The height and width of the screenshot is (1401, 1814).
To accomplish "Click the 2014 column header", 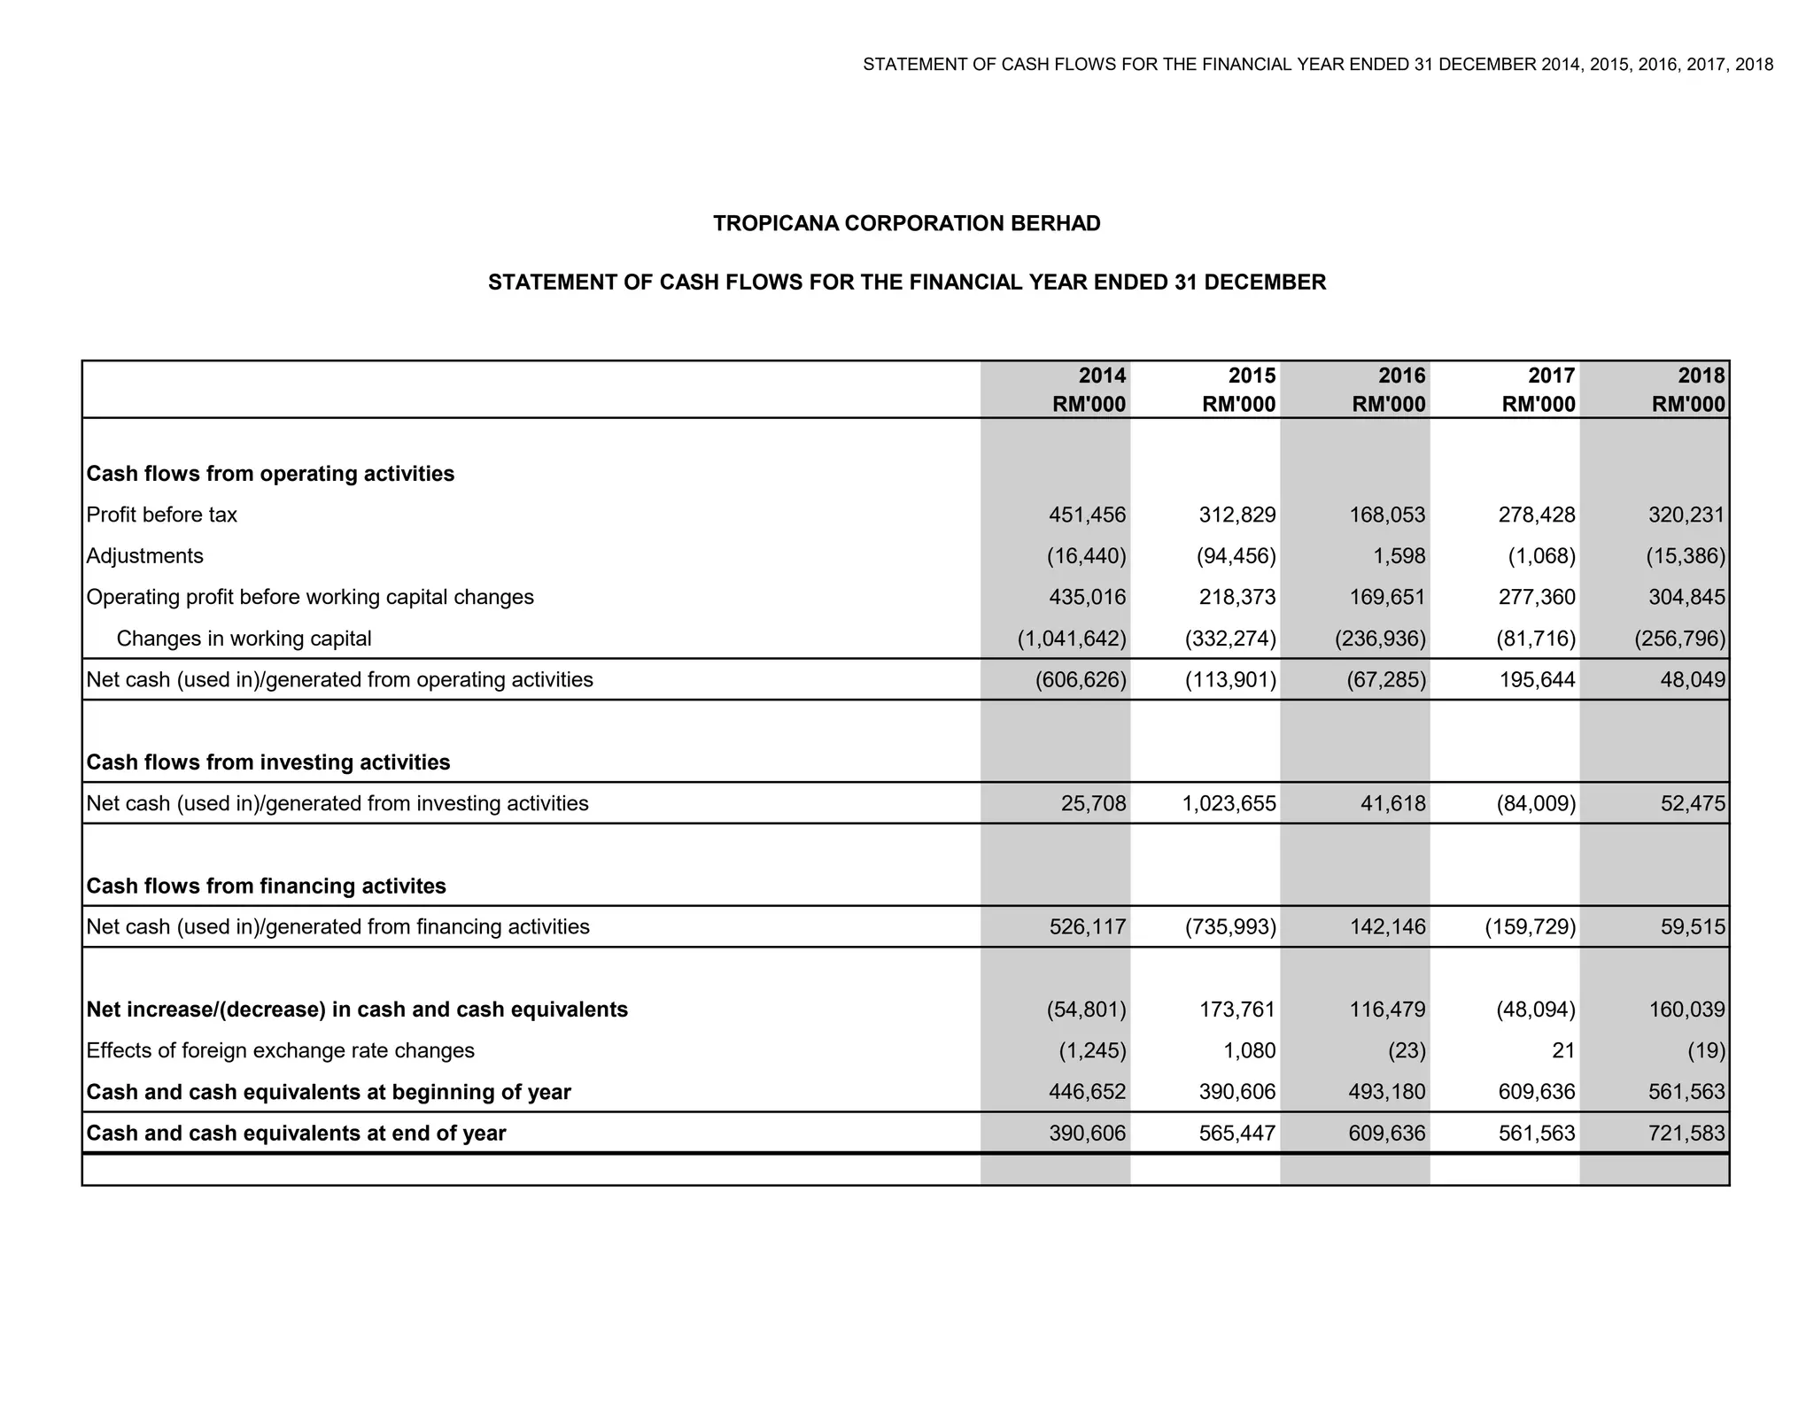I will tap(1102, 375).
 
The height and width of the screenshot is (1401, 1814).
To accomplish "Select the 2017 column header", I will tap(1552, 375).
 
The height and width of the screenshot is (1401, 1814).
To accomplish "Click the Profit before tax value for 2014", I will tap(1087, 515).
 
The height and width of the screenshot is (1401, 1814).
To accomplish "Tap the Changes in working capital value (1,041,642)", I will tap(1071, 639).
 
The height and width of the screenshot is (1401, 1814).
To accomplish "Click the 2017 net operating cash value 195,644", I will tap(1537, 680).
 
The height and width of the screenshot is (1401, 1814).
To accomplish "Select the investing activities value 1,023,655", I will tap(1229, 803).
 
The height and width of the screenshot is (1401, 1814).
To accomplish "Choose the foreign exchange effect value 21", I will tap(1563, 1050).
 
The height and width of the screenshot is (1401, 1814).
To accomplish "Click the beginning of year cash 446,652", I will tap(1087, 1092).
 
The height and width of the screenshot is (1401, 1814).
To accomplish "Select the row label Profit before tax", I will tap(161, 515).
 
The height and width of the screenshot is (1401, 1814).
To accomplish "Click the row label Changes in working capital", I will tap(244, 639).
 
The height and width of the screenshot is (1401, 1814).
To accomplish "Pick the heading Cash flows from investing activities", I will tap(267, 762).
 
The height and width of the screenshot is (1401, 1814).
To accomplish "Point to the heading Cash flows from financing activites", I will tap(266, 886).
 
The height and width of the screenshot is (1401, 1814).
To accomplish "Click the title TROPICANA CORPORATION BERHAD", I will tap(906, 223).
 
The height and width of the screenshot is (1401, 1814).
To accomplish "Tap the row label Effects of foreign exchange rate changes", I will tap(280, 1050).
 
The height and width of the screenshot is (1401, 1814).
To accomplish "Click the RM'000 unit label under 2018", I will tap(1687, 405).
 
